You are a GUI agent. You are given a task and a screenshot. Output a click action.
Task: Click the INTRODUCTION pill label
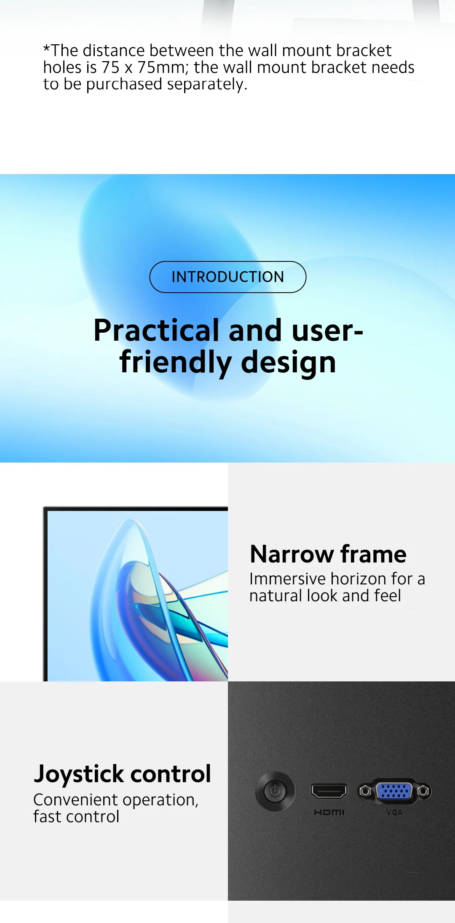(227, 277)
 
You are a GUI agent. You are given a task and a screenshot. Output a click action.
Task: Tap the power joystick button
(275, 791)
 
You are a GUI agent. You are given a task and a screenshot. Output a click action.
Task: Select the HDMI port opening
(329, 791)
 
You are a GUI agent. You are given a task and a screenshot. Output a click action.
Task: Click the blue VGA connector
(394, 791)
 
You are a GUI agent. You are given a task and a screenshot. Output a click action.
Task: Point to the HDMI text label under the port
(329, 812)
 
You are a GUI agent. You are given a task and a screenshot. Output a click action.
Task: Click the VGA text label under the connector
(394, 812)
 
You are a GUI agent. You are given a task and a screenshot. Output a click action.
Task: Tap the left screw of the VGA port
(365, 791)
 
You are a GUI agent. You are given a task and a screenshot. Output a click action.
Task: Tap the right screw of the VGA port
(424, 791)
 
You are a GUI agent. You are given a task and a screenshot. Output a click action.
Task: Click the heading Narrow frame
(328, 554)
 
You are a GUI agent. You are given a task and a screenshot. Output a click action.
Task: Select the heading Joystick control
(122, 775)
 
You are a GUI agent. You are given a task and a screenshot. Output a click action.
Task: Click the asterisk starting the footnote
(47, 48)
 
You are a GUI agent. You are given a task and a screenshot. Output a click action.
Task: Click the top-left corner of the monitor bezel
(43, 507)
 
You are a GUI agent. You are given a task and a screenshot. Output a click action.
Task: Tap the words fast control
(76, 817)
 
